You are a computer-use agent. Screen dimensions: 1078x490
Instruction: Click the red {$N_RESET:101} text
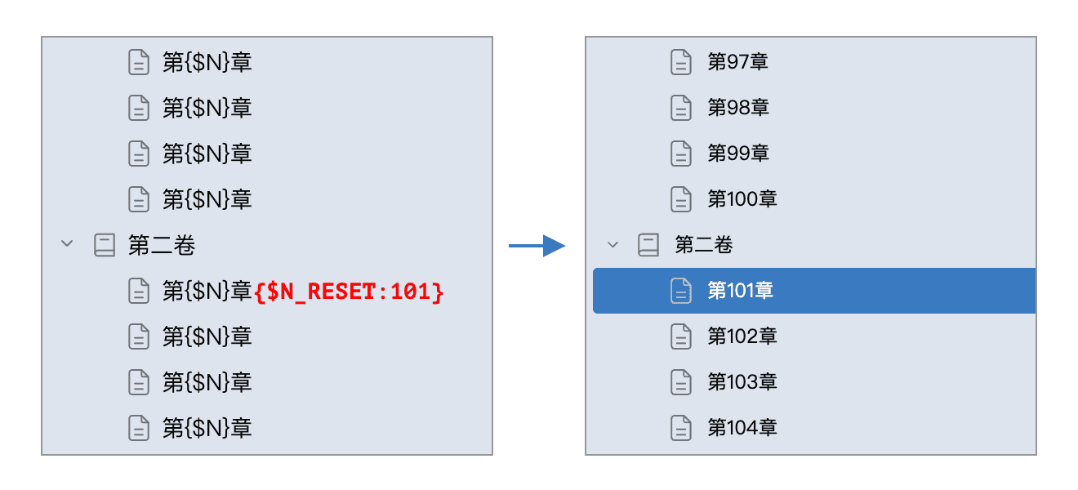349,292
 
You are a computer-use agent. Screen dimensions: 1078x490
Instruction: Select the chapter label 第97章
737,62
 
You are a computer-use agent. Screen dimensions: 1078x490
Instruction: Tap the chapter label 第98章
738,107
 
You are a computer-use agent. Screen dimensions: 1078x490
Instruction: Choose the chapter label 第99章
738,153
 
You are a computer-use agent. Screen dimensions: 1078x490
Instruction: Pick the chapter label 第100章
742,198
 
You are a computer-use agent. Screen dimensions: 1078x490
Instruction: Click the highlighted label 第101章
740,290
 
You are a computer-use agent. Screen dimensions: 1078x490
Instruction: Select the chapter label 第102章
742,336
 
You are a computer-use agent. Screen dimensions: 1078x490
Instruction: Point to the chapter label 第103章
742,381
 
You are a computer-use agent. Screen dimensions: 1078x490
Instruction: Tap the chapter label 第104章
742,427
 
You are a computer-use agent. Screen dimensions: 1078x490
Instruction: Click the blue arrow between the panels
537,246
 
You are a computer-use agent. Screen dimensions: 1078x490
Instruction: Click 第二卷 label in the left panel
162,245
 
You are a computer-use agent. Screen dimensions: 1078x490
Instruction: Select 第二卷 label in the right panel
704,245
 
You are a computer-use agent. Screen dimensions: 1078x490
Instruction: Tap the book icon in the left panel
105,245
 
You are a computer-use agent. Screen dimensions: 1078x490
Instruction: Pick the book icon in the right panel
648,245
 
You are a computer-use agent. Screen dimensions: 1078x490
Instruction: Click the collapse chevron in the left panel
67,243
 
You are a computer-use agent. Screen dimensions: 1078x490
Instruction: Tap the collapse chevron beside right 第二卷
612,244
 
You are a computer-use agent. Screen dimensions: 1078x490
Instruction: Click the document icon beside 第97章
681,62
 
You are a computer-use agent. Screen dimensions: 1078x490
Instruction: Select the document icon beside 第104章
681,428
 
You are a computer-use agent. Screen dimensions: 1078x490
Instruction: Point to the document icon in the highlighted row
681,291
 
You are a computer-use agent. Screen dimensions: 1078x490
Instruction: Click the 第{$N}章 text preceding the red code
207,292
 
